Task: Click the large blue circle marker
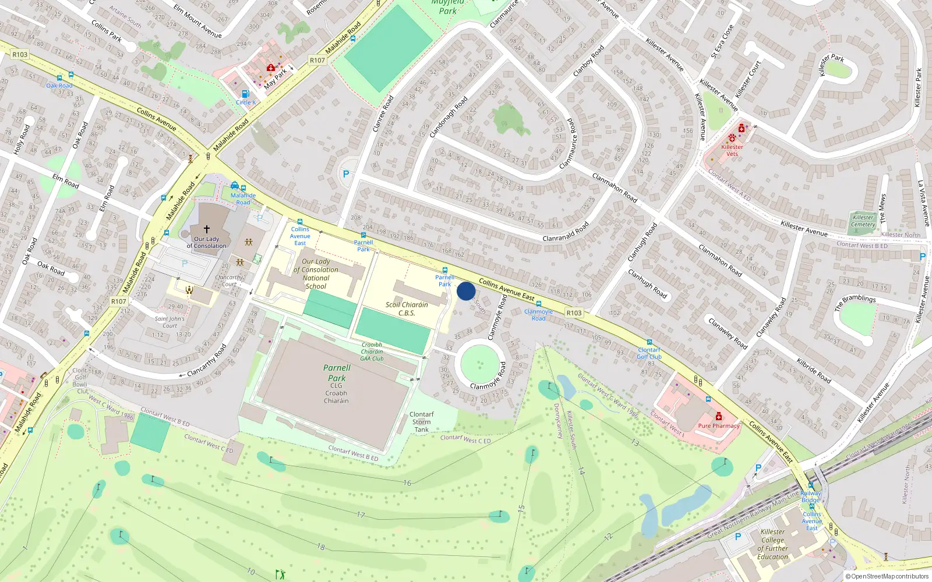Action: pos(466,291)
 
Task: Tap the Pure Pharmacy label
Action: pos(719,426)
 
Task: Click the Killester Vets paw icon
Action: pos(732,138)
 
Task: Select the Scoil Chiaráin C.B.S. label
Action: pos(407,308)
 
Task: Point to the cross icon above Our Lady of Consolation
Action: pos(206,229)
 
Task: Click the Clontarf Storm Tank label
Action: pos(422,422)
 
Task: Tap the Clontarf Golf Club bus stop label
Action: pos(649,353)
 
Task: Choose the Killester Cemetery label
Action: pos(863,221)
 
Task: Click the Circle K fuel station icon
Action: pos(245,94)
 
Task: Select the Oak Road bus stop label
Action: pos(59,86)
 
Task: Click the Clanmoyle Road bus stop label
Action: pos(538,315)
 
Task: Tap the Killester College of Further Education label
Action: pos(773,544)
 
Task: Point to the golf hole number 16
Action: pos(407,483)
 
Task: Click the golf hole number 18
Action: pos(321,546)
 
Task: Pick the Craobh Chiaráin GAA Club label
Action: pos(372,352)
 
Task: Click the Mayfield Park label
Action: pos(448,7)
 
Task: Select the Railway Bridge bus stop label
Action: pos(810,496)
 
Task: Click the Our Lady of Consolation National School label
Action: pos(316,274)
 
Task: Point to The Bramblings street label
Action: pos(855,302)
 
